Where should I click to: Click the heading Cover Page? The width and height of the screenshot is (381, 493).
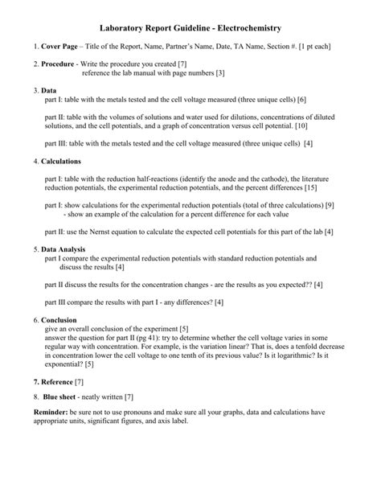pos(59,47)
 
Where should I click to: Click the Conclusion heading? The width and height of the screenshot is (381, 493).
pos(63,319)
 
